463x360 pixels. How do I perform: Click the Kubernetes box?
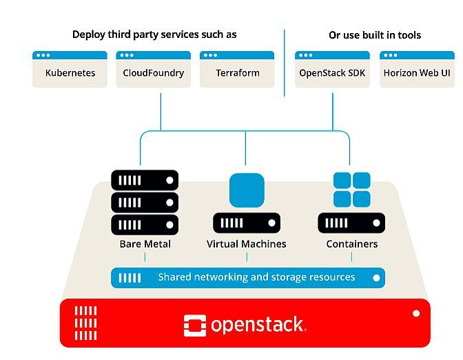(70, 70)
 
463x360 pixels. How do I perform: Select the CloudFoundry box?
(153, 70)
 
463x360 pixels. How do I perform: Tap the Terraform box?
(237, 70)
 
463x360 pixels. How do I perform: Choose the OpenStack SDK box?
(332, 70)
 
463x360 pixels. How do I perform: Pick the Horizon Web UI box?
(417, 70)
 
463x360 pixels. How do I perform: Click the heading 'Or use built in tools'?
(375, 35)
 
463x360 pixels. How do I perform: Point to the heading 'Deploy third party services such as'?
(154, 34)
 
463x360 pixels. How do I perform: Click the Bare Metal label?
(145, 244)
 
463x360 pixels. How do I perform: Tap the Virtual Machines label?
(247, 244)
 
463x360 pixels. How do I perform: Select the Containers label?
(351, 244)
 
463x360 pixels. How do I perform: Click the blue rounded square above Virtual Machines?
(247, 190)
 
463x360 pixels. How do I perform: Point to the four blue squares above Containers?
(351, 190)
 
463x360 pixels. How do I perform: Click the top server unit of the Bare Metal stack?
(145, 181)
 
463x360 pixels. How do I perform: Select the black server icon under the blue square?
(247, 223)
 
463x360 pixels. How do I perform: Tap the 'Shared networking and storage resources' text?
(256, 277)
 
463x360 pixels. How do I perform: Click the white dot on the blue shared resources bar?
(376, 278)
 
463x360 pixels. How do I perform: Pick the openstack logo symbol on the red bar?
(195, 326)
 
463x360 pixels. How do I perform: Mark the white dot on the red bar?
(416, 314)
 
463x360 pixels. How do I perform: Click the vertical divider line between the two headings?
(284, 62)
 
